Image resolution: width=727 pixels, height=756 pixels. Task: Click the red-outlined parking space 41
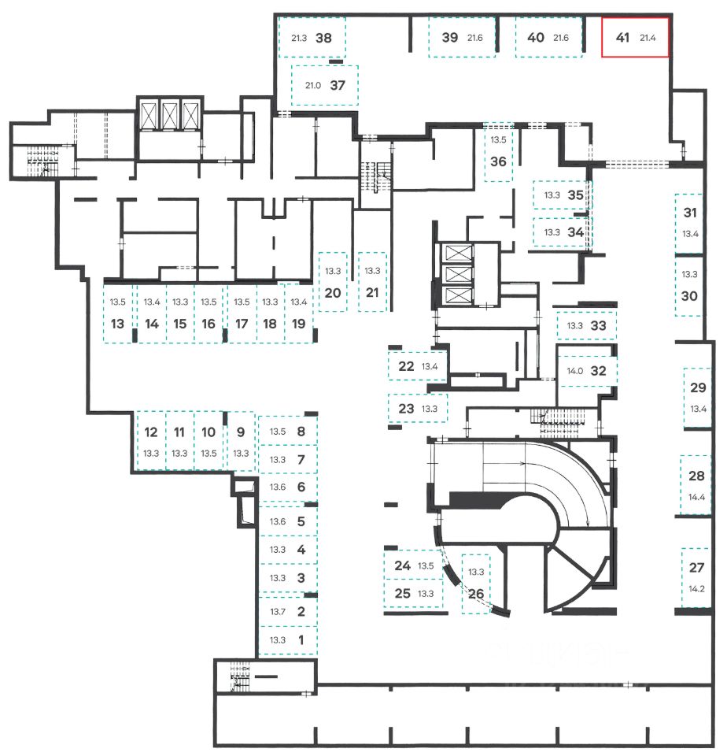pos(634,37)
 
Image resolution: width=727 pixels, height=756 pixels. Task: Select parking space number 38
pos(323,37)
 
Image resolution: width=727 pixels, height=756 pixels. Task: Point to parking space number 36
pos(497,161)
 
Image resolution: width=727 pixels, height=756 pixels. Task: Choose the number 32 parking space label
pos(598,372)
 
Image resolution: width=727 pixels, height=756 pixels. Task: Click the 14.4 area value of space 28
pos(696,497)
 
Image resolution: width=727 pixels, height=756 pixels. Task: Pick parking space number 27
pos(696,567)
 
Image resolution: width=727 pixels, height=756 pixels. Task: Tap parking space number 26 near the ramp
pos(476,594)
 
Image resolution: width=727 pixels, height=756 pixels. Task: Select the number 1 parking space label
pos(301,639)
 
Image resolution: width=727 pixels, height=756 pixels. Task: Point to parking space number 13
pos(118,323)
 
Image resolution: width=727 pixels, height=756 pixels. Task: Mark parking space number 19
pos(298,323)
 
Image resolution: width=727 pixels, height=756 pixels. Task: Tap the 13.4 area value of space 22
pos(430,366)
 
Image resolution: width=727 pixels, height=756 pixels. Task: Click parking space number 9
pos(241,432)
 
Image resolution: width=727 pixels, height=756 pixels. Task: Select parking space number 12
pos(151,432)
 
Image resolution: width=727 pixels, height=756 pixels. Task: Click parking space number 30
pos(689,296)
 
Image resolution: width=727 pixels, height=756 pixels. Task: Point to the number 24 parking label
pos(402,565)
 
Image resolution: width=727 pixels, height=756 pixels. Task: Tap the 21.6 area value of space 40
pos(561,37)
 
